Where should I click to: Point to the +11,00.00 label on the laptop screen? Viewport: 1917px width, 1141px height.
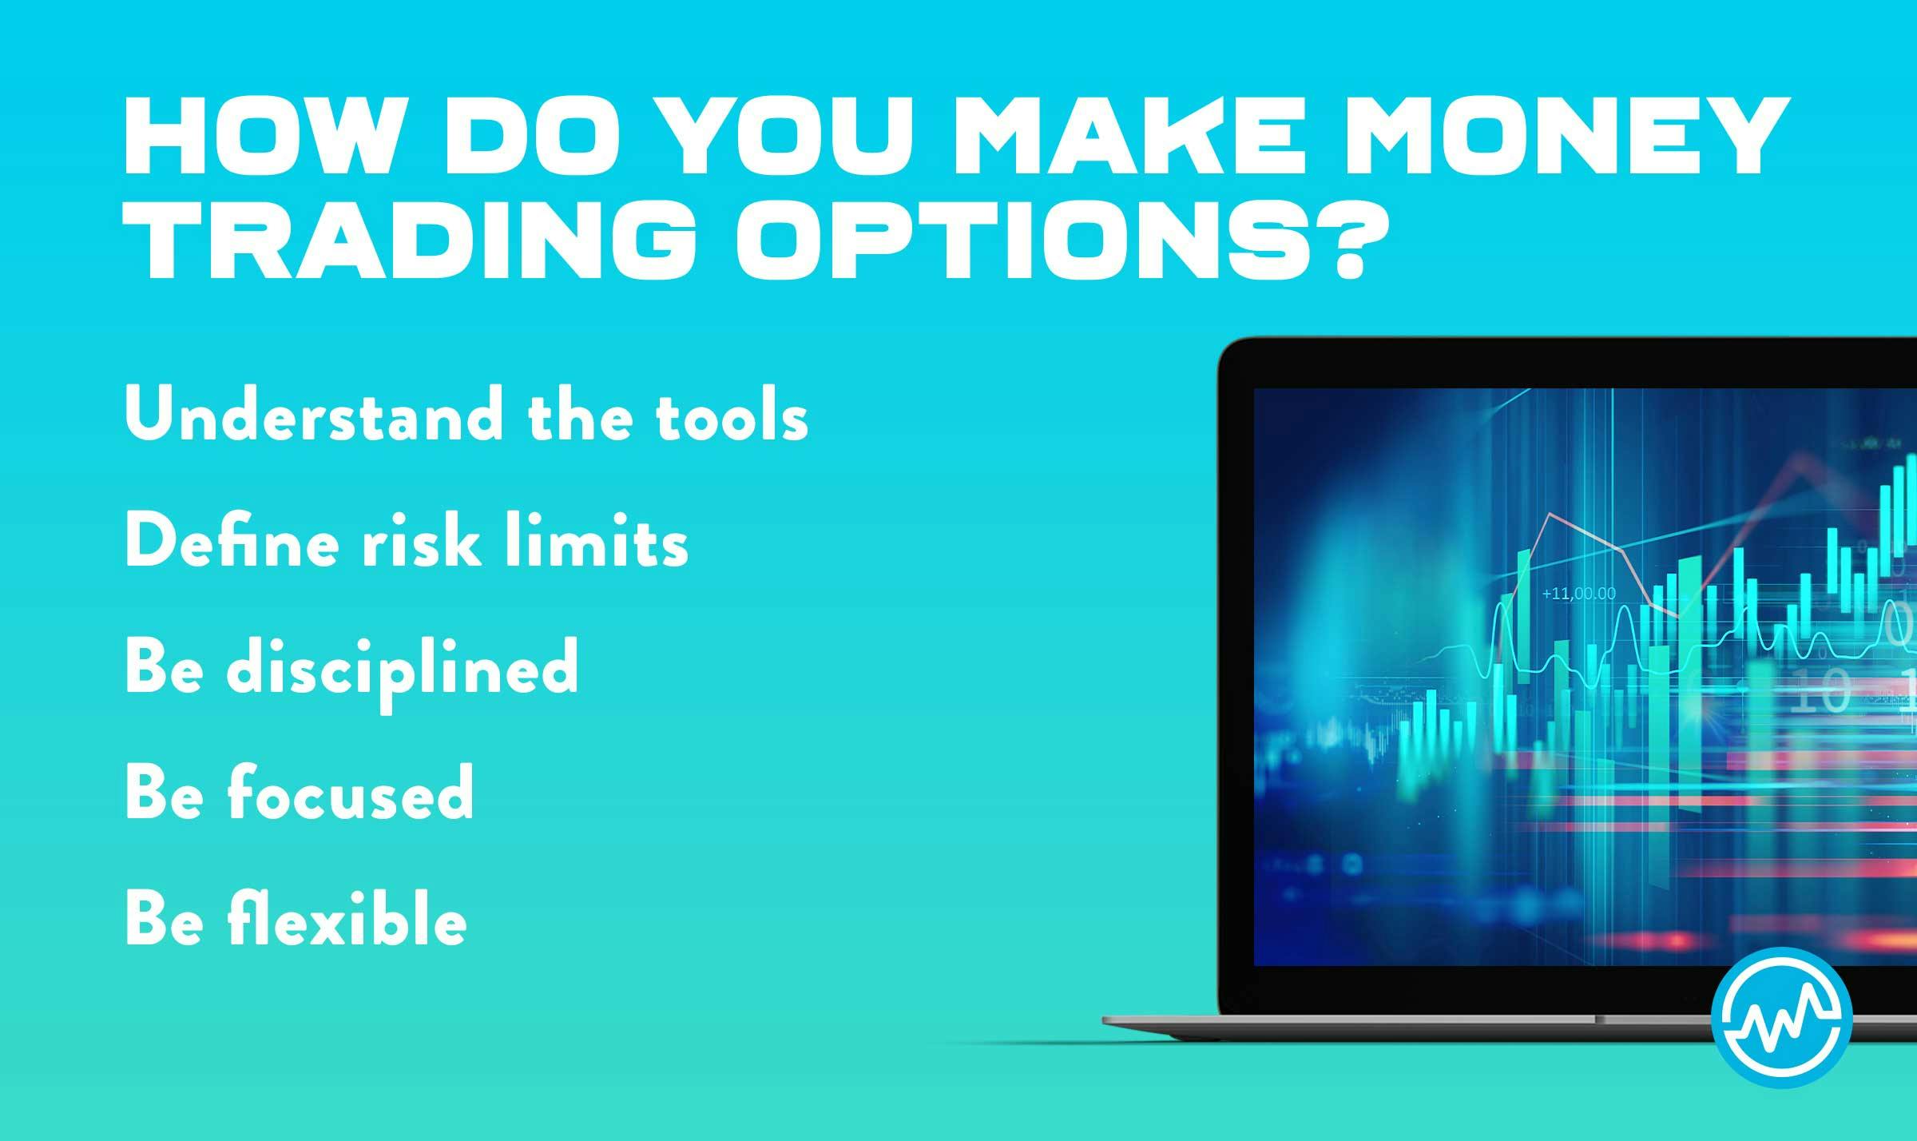(1578, 594)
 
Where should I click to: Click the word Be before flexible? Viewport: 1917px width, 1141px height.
(163, 919)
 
